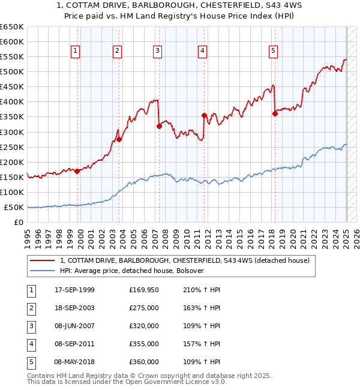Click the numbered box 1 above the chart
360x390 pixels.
tap(76, 51)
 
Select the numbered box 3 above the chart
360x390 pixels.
tap(157, 51)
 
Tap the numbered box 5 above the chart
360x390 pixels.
tap(273, 51)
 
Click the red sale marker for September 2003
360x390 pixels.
tap(119, 139)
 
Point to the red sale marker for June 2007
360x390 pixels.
tap(159, 126)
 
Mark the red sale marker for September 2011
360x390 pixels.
tap(204, 115)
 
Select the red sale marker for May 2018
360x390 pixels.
tap(275, 113)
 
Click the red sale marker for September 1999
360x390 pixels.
tap(77, 171)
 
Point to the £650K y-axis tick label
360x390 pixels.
tap(12, 27)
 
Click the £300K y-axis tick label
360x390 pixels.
tap(12, 132)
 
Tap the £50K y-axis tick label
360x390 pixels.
tap(14, 207)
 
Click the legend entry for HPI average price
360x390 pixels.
tap(132, 271)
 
